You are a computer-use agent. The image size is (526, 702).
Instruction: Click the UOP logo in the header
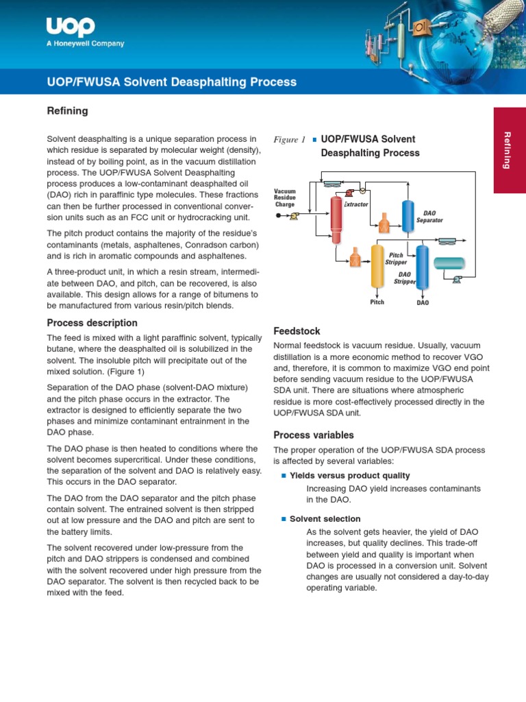(x=70, y=27)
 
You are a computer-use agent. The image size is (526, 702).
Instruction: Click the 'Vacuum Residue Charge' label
(x=284, y=197)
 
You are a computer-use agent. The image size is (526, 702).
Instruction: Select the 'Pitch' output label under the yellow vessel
(x=377, y=302)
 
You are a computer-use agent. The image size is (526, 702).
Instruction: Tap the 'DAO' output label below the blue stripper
(x=423, y=302)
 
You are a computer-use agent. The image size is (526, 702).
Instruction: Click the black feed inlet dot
(x=279, y=216)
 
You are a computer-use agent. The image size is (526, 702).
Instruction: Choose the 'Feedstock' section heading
(x=297, y=330)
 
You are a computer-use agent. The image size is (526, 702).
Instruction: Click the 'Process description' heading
(x=92, y=323)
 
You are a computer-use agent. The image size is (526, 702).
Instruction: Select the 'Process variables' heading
(x=314, y=435)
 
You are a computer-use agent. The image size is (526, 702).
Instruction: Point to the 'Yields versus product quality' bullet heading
(x=349, y=475)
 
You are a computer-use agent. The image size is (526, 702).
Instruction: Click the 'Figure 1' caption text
(x=289, y=140)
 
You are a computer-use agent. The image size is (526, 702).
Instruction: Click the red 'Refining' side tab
(x=509, y=149)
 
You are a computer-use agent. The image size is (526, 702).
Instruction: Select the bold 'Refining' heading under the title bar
(x=67, y=111)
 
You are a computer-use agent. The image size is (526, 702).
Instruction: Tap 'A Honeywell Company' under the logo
(x=85, y=44)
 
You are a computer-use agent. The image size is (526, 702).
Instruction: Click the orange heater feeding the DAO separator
(x=384, y=221)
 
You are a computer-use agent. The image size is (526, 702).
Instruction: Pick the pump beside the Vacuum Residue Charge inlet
(x=294, y=216)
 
